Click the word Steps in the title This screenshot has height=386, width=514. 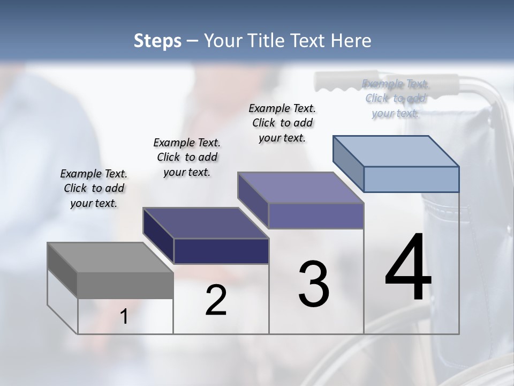click(x=157, y=41)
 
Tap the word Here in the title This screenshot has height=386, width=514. click(x=349, y=41)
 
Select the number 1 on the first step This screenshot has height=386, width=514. click(x=124, y=317)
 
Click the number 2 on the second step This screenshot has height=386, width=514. click(x=216, y=301)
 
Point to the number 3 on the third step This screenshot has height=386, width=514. click(x=314, y=284)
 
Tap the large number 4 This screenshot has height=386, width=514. click(x=408, y=268)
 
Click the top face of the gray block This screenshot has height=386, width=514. click(x=110, y=257)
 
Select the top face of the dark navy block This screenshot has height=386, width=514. click(x=205, y=223)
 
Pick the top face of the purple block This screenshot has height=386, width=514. click(x=300, y=188)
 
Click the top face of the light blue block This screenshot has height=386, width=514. click(x=396, y=151)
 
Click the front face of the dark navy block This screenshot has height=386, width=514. click(x=221, y=251)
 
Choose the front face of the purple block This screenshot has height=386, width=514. click(x=316, y=216)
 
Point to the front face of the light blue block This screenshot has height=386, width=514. click(x=411, y=179)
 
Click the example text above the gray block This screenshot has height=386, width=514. click(x=94, y=188)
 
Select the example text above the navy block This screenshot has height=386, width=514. click(x=187, y=157)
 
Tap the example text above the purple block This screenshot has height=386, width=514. click(x=282, y=123)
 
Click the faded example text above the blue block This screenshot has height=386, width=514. click(x=396, y=98)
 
